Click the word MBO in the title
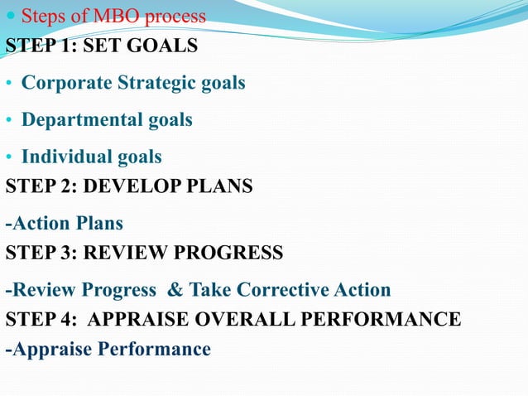coord(116,17)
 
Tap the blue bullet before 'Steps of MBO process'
coord(10,17)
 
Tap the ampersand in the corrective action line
coord(175,290)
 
